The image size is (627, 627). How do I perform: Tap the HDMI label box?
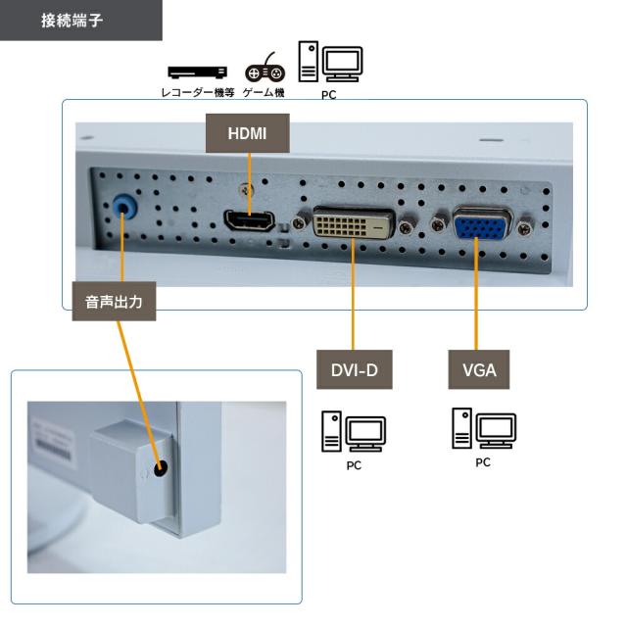pos(247,133)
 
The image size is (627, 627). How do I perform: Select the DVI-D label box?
pos(354,369)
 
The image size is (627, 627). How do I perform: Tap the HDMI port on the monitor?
pos(249,223)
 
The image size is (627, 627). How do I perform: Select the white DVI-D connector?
pos(355,225)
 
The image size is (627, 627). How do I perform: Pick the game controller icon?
pos(264,72)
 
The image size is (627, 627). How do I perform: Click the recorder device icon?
pos(197,72)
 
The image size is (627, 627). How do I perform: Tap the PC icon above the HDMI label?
pos(330,64)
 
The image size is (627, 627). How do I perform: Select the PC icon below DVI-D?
pos(353,432)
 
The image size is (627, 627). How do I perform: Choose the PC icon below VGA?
pos(484,428)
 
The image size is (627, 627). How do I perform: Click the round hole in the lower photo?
pos(160,468)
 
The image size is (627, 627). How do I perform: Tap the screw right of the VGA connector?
pos(527,227)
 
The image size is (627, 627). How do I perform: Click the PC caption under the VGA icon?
pos(484,461)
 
